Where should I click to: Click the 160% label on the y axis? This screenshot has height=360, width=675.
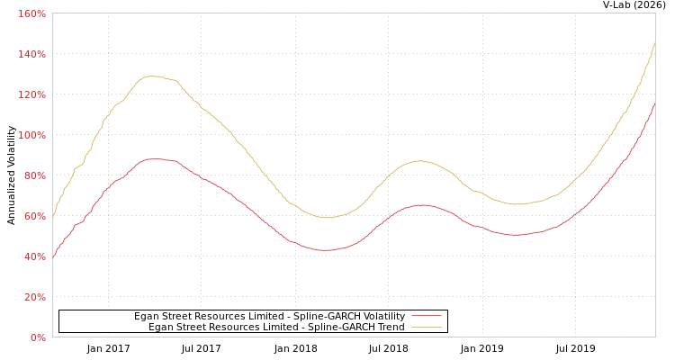(32, 14)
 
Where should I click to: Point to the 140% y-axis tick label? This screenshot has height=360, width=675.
(32, 55)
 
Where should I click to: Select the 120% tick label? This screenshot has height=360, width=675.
(32, 95)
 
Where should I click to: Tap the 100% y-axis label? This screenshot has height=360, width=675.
(32, 136)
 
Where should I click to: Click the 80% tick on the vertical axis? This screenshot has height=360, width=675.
(34, 176)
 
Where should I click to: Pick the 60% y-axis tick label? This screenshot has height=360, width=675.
(34, 217)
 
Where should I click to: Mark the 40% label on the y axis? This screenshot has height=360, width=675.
(34, 257)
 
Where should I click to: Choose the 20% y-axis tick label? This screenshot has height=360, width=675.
(34, 298)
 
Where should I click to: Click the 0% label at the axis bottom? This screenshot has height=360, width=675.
(38, 338)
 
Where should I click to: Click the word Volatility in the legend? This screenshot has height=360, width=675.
(382, 316)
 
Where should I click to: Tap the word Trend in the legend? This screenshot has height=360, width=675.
(390, 327)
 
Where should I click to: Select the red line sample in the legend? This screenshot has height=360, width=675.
(426, 316)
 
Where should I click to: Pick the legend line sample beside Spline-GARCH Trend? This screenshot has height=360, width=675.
(426, 328)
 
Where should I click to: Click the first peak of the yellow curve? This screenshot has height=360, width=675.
(153, 76)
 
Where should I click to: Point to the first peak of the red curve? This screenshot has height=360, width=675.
(155, 158)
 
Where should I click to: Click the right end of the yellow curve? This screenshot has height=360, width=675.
(654, 42)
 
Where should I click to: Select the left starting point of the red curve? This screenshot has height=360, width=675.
(53, 256)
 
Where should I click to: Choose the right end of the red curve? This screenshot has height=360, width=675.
(654, 103)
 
